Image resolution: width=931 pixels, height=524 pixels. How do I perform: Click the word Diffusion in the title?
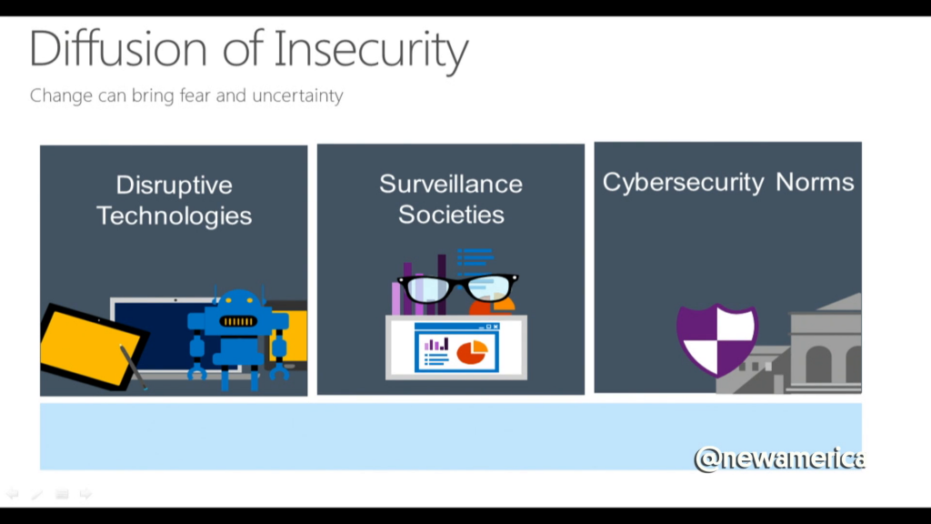tap(117, 48)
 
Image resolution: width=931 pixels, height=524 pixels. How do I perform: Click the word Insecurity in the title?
tap(371, 51)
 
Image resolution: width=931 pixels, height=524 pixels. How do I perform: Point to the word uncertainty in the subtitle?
tap(297, 96)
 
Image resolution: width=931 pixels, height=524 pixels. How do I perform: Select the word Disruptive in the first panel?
tap(174, 186)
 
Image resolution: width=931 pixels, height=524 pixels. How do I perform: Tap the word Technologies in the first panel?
tap(174, 217)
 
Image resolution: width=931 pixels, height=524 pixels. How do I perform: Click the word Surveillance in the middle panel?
tap(451, 184)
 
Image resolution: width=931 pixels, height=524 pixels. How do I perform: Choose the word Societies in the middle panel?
tap(451, 215)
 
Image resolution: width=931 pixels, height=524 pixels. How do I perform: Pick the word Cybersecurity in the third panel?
tap(683, 182)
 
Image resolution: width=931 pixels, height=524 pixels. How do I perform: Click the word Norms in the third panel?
tap(815, 182)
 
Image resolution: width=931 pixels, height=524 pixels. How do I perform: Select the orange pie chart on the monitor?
tap(472, 352)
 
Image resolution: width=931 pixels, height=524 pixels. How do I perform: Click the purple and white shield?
tap(716, 339)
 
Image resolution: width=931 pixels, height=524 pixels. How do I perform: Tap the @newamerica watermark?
tap(779, 459)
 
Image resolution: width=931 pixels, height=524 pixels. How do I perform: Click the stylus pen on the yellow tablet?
tap(133, 367)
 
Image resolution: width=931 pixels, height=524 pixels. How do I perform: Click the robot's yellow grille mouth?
tap(238, 321)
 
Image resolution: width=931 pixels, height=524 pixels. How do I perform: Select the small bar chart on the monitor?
tap(436, 345)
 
